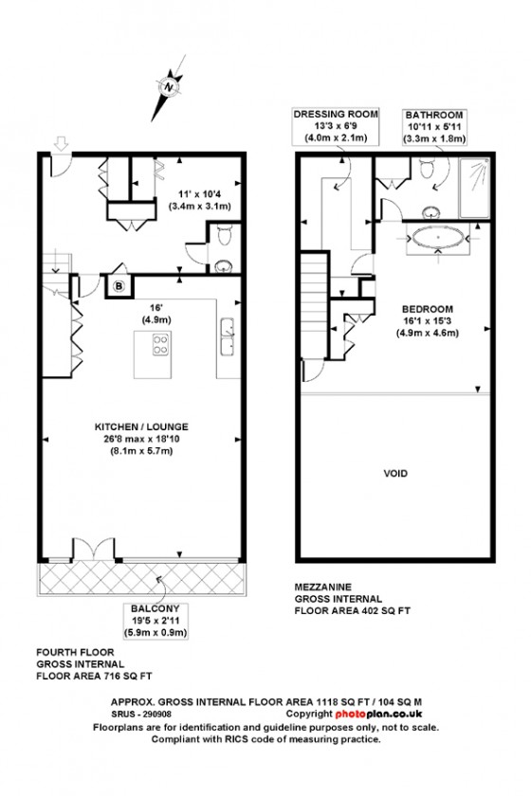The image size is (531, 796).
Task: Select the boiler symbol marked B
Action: click(119, 286)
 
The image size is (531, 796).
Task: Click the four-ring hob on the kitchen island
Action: click(161, 344)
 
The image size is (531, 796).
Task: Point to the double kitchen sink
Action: click(228, 336)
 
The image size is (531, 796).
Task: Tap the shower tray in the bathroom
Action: click(475, 188)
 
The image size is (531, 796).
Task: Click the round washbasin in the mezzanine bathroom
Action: click(431, 211)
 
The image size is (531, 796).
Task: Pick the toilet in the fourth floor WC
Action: click(223, 236)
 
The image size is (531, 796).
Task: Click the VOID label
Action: click(395, 474)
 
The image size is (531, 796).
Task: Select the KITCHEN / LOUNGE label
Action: click(142, 427)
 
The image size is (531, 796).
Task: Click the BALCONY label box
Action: click(155, 621)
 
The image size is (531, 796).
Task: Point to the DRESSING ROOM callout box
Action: click(336, 125)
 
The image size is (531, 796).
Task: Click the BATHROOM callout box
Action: click(434, 126)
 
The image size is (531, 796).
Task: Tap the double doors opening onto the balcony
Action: click(94, 550)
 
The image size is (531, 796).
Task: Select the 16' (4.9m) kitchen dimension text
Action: click(156, 314)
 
